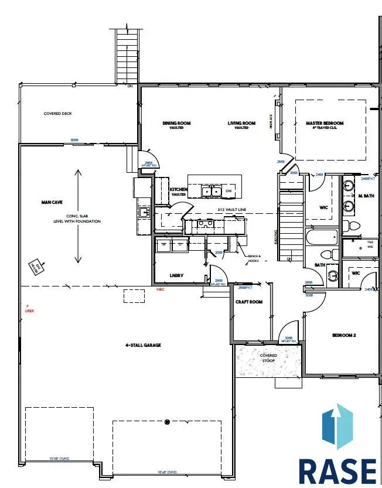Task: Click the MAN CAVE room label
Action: coord(52,202)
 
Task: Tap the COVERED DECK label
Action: coord(57,114)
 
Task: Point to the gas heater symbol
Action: coord(36,266)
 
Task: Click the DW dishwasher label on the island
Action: coord(229,191)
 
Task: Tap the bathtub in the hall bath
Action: coord(321,238)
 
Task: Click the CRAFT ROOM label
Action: coord(248,302)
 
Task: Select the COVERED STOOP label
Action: coord(268,359)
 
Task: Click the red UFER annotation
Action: coord(29,310)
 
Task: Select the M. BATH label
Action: coord(366,195)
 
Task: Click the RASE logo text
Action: coord(337,470)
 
